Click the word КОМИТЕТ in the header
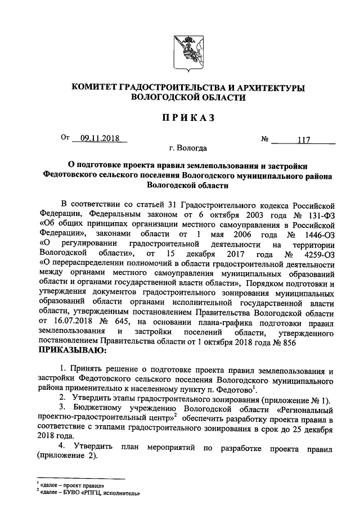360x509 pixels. (x=95, y=88)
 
